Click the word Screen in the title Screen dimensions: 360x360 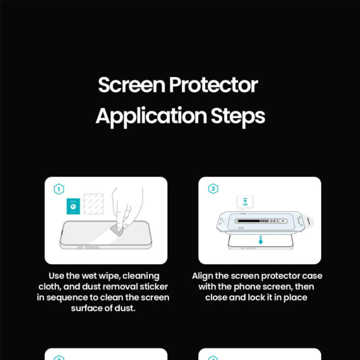pos(131,85)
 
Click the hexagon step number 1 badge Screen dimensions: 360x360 pos(58,189)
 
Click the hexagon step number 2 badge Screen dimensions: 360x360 pos(213,189)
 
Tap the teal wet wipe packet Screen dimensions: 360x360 pos(73,206)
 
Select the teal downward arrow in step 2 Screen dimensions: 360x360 pos(260,240)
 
